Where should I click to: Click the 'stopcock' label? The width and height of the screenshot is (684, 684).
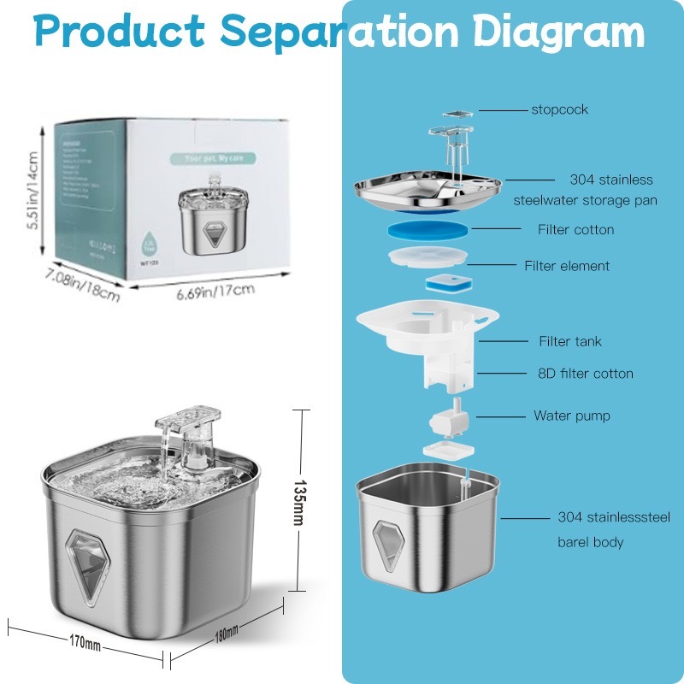click(559, 109)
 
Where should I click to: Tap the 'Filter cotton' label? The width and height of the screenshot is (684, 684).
click(575, 229)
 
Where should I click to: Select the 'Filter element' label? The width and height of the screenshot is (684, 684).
click(567, 266)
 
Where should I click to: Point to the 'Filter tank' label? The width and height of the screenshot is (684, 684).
click(569, 341)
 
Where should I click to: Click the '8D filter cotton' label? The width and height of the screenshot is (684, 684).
click(586, 374)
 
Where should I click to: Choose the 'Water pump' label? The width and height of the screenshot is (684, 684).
click(572, 416)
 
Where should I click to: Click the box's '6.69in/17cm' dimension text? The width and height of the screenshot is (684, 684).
click(215, 291)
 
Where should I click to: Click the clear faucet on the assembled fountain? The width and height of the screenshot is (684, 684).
click(186, 436)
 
